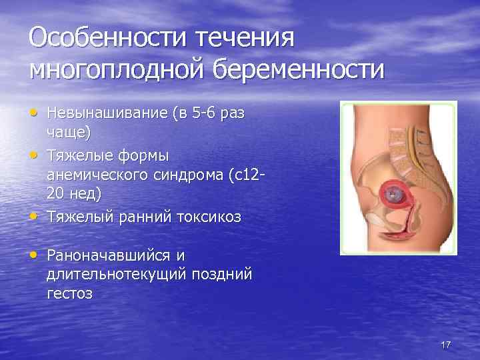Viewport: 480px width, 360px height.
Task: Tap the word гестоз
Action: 69,293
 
